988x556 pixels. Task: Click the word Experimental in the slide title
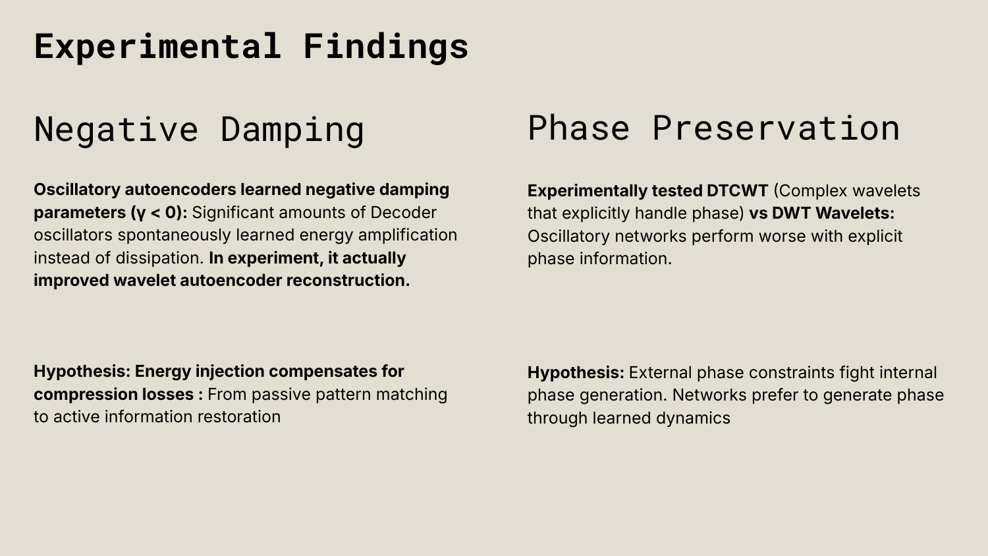[x=157, y=46]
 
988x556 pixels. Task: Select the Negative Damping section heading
[x=199, y=129]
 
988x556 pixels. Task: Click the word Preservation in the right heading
[x=776, y=128]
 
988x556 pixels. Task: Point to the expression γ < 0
[x=157, y=213]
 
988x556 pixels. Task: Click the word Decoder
[x=403, y=213]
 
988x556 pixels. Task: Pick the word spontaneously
[x=175, y=236]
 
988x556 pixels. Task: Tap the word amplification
[x=408, y=236]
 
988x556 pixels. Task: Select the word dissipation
[x=159, y=258]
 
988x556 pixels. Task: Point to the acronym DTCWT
[x=738, y=191]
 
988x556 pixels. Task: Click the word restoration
[x=238, y=417]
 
